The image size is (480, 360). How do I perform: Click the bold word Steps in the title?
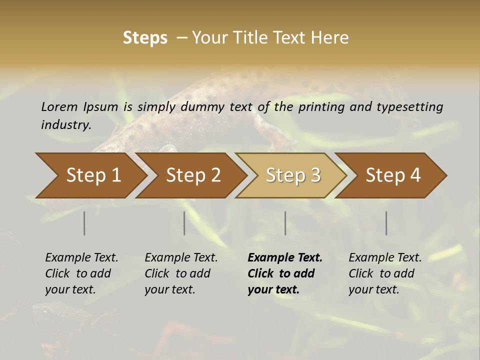[x=145, y=38]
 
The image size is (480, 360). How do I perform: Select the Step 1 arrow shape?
[x=90, y=175]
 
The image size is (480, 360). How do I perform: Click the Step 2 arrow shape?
[x=192, y=175]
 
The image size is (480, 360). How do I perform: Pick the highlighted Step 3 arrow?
[x=292, y=175]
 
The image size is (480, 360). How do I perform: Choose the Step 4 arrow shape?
[x=392, y=175]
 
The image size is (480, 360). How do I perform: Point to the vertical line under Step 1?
[x=84, y=223]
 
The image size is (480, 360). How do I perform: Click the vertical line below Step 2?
[x=184, y=223]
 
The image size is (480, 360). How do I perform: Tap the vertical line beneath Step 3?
[x=285, y=223]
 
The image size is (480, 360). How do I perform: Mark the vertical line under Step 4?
[x=386, y=223]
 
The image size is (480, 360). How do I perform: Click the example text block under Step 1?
[x=81, y=273]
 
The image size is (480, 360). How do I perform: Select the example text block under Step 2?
[x=181, y=273]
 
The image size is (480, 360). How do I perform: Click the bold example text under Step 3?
[x=284, y=273]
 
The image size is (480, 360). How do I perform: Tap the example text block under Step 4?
[x=384, y=273]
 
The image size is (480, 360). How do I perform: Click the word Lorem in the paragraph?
[x=59, y=107]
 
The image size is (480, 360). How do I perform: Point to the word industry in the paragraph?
[x=66, y=125]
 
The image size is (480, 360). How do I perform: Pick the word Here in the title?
[x=330, y=38]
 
